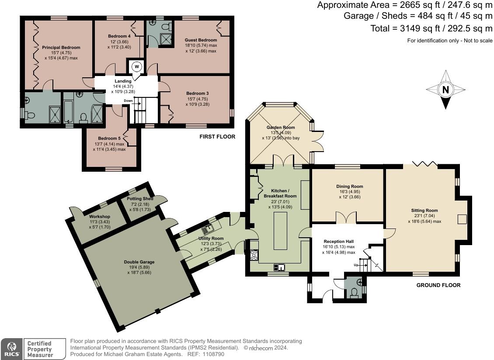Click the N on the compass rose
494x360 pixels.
click(x=445, y=90)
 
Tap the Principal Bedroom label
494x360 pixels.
click(x=61, y=48)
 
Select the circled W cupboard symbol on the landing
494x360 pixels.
click(x=137, y=66)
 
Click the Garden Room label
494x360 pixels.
click(x=281, y=128)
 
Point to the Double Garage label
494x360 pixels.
click(x=139, y=262)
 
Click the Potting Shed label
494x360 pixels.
click(x=140, y=199)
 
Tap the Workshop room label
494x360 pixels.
click(x=100, y=217)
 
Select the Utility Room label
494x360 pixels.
click(x=211, y=239)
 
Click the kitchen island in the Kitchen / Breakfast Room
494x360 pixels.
click(x=280, y=231)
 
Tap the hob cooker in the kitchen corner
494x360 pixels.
click(x=254, y=255)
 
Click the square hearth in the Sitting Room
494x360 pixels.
click(x=462, y=219)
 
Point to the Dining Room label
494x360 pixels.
click(x=350, y=187)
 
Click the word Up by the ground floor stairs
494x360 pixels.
click(x=356, y=265)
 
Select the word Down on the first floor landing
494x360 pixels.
click(x=128, y=101)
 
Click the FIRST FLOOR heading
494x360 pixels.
click(x=217, y=137)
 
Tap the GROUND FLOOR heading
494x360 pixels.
click(x=438, y=285)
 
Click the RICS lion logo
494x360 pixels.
click(x=11, y=349)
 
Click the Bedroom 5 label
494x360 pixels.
click(x=109, y=138)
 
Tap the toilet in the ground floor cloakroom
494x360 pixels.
click(x=354, y=293)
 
